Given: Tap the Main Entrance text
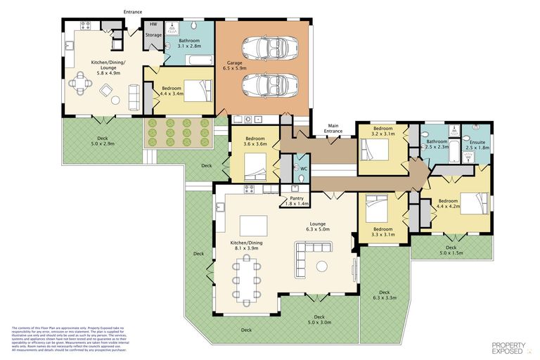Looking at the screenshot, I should [x=333, y=129].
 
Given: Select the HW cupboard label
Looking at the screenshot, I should [x=153, y=25].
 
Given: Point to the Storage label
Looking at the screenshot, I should [x=153, y=34].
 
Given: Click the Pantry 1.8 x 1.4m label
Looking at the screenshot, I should [x=295, y=201].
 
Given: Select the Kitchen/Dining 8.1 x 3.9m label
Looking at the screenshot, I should [x=246, y=245].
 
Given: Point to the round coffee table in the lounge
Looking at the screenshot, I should [x=323, y=266].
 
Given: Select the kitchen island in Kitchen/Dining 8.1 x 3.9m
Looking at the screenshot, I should [x=252, y=225].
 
